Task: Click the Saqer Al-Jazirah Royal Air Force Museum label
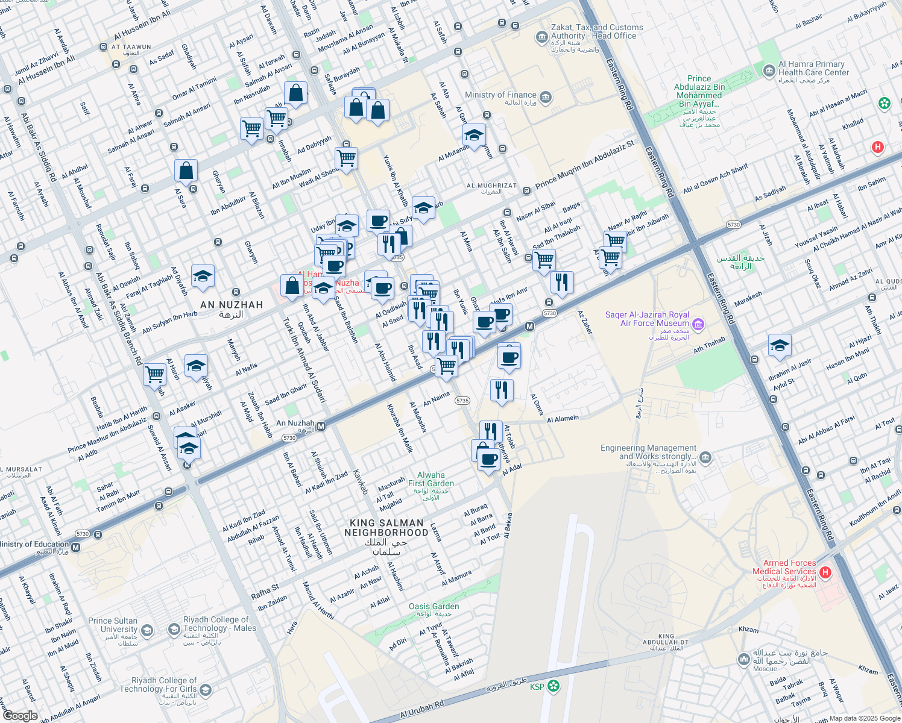(647, 319)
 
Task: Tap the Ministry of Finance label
(500, 95)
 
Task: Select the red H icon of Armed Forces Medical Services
(825, 571)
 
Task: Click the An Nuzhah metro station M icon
(321, 427)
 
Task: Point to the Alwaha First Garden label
(430, 479)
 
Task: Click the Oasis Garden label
(434, 607)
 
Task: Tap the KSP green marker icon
(553, 686)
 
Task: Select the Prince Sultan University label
(113, 625)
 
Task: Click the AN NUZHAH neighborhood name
(232, 305)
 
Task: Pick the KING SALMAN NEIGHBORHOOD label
(386, 528)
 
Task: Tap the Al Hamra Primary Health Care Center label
(813, 68)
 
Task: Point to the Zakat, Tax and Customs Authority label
(596, 32)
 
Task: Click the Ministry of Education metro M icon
(76, 547)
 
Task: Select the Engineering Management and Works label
(648, 452)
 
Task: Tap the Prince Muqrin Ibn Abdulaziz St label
(585, 164)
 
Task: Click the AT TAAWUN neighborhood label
(131, 47)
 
